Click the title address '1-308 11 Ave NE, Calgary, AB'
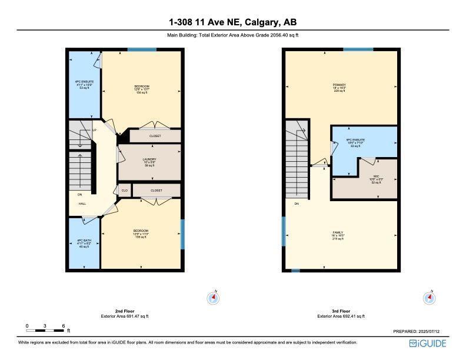233,22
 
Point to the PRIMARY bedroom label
339,85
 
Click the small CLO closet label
125,191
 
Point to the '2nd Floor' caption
125,311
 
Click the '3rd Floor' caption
341,311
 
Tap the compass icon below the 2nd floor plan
213,298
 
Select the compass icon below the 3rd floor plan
430,298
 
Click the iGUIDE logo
429,343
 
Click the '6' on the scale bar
62,325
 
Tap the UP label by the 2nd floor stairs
94,130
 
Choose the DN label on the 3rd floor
297,204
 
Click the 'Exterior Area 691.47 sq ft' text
125,316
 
